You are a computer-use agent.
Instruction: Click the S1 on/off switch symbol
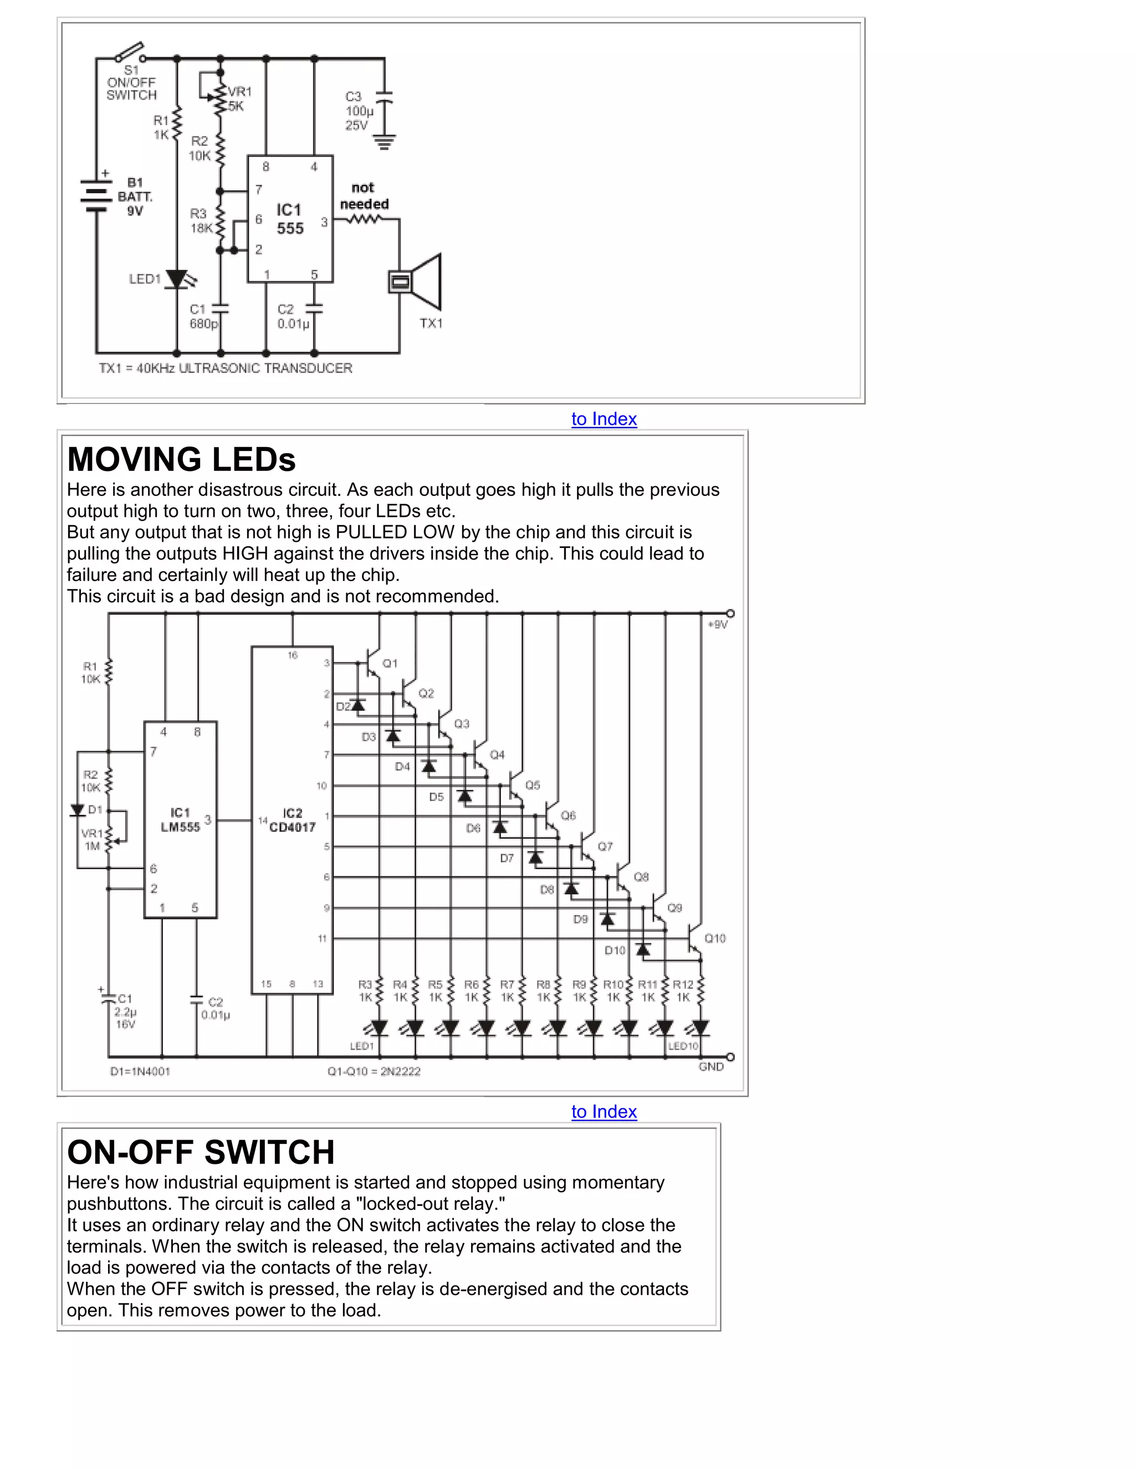pos(129,53)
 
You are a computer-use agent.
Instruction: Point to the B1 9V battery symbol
pos(95,195)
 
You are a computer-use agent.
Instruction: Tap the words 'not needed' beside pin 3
pos(364,196)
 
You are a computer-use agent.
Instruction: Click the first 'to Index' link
pos(604,419)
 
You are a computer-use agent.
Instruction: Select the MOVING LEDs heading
pos(182,460)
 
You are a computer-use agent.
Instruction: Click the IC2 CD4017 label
pos(292,820)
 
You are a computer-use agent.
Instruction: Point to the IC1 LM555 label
pos(180,820)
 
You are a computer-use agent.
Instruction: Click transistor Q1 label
pos(390,664)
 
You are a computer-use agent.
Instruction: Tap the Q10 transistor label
pos(715,938)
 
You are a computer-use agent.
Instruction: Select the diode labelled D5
pos(464,796)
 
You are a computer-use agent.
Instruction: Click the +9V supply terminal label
pos(718,624)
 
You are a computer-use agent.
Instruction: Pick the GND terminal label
pos(710,1067)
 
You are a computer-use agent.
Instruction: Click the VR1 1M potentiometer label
pos(91,839)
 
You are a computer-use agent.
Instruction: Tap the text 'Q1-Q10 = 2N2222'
pos(374,1071)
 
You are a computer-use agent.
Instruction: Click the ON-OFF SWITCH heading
pos(201,1152)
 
